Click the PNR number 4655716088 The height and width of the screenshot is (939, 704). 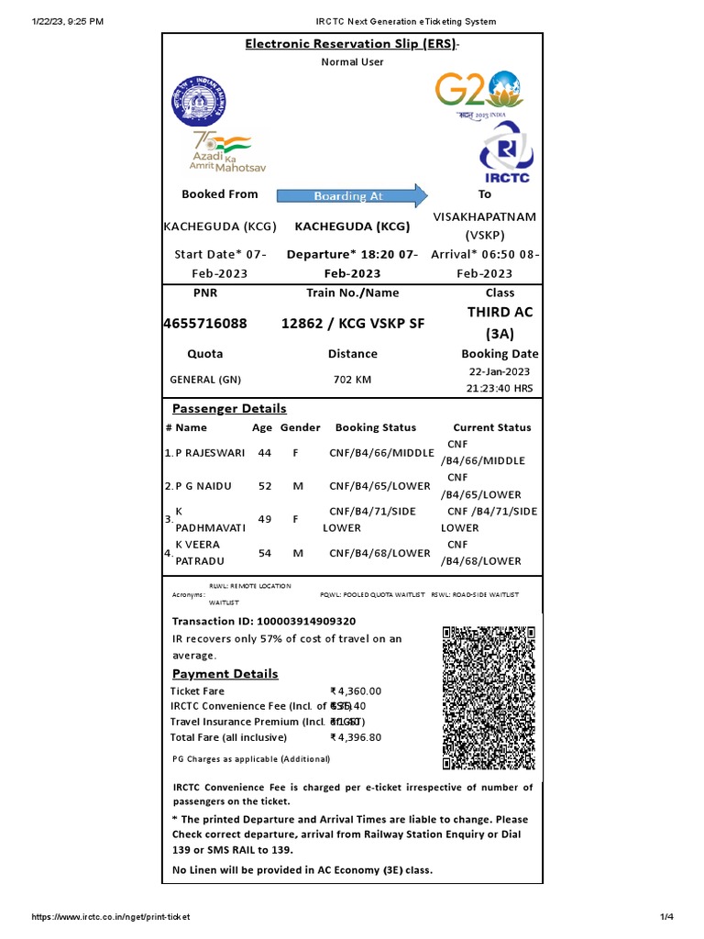[205, 324]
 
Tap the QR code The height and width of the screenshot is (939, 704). [489, 697]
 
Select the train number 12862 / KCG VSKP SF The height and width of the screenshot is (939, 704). [352, 324]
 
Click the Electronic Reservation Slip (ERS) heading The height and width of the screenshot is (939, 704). [349, 45]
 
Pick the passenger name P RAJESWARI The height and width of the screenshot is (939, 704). [208, 453]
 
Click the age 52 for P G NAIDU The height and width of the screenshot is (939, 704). [265, 486]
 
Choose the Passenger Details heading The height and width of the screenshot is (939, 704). [229, 409]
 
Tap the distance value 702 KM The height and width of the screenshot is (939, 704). [352, 380]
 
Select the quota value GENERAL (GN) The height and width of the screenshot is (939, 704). [205, 380]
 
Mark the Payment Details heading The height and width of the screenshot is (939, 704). [225, 674]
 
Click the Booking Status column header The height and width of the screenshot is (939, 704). [375, 427]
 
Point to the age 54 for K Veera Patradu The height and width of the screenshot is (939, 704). [265, 553]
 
